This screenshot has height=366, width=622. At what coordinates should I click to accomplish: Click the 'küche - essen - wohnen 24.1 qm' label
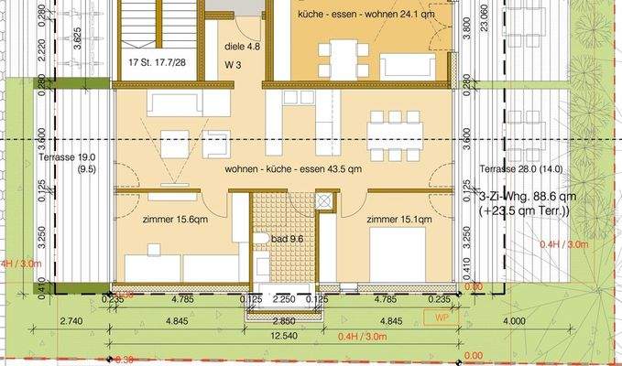pos(364,15)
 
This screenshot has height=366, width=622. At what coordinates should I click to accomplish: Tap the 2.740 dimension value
pos(71,321)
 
